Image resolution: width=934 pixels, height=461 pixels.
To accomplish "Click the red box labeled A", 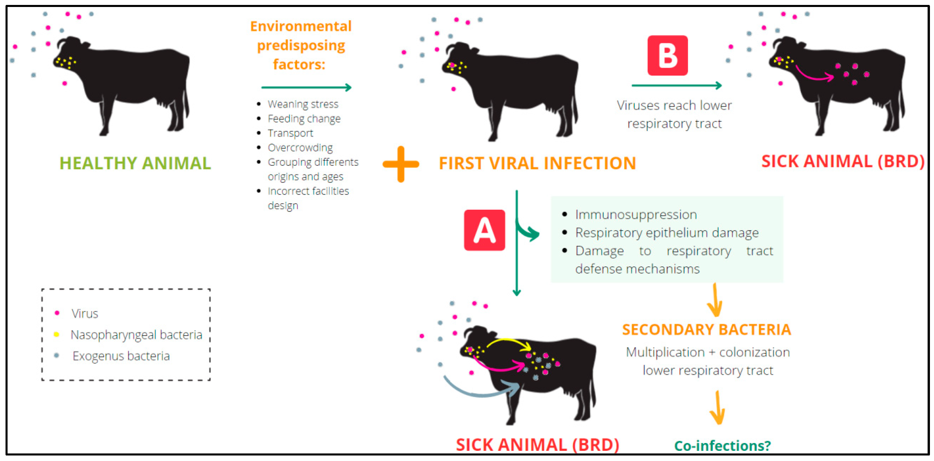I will [x=484, y=230].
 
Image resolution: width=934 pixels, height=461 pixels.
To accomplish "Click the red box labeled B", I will [x=667, y=55].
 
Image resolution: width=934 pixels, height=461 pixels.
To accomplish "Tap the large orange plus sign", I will [x=401, y=164].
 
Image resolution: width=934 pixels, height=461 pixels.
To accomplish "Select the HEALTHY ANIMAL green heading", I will [x=135, y=163].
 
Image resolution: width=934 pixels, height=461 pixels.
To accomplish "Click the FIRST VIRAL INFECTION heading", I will [x=537, y=163].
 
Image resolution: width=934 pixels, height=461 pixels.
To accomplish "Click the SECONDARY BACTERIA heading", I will [x=706, y=329].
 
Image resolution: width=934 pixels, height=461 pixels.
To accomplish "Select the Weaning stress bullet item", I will [x=303, y=104].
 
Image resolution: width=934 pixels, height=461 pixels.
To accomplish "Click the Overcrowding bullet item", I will [x=300, y=148].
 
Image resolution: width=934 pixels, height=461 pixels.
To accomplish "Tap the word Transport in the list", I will [x=290, y=133].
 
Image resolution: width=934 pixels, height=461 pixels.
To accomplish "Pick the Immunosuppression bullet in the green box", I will [x=635, y=215].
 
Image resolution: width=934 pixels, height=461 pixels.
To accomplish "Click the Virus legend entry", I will [x=85, y=313].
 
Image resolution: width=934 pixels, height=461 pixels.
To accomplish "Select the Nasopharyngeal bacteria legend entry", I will [x=136, y=335].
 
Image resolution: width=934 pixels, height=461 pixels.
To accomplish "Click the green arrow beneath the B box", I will [x=676, y=85].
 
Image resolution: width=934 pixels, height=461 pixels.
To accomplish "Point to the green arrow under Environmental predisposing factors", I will [x=306, y=87].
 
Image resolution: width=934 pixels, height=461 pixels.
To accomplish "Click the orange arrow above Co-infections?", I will [x=717, y=408].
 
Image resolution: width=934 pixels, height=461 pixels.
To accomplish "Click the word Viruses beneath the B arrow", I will [x=638, y=105].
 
